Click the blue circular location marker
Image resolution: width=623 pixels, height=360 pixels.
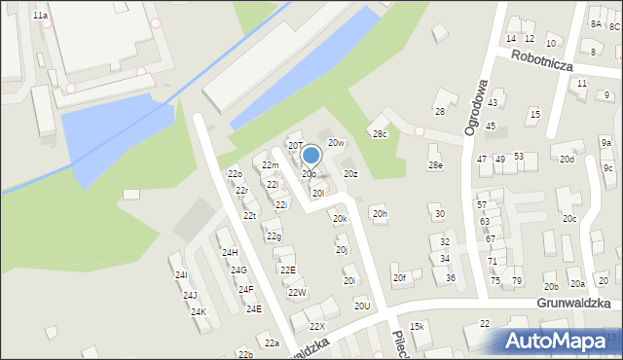pyautogui.click(x=311, y=155)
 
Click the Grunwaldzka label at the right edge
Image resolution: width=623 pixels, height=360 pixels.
pyautogui.click(x=578, y=303)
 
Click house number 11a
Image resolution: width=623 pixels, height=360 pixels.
pyautogui.click(x=39, y=17)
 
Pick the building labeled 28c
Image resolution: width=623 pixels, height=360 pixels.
pyautogui.click(x=379, y=133)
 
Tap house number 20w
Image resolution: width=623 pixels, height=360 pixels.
pyautogui.click(x=336, y=143)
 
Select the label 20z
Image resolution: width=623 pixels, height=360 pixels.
pyautogui.click(x=350, y=174)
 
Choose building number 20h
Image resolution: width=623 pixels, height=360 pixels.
pyautogui.click(x=379, y=213)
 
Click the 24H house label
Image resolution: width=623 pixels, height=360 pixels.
pyautogui.click(x=230, y=252)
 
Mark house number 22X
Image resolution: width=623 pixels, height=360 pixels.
pyautogui.click(x=316, y=326)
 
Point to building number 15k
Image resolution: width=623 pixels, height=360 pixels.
pyautogui.click(x=418, y=326)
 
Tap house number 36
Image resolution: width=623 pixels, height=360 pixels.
pyautogui.click(x=450, y=278)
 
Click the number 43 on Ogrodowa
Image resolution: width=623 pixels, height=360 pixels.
pyautogui.click(x=493, y=102)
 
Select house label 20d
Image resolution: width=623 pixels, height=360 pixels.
pyautogui.click(x=566, y=159)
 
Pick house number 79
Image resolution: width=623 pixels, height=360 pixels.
pyautogui.click(x=517, y=281)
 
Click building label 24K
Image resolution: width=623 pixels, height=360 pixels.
pyautogui.click(x=199, y=312)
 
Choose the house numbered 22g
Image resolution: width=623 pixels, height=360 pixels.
pyautogui.click(x=275, y=236)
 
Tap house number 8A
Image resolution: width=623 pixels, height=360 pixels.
pyautogui.click(x=596, y=23)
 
